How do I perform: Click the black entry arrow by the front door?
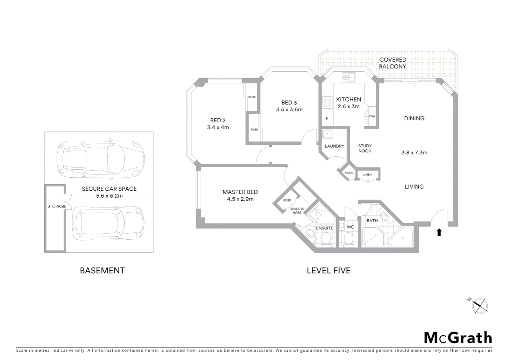(439, 232)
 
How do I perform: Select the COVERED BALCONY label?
(393, 63)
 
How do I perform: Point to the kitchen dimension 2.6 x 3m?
(348, 107)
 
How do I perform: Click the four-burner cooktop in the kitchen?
(327, 101)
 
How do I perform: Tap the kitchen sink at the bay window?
(348, 77)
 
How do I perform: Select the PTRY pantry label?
(372, 116)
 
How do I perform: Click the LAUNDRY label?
(334, 146)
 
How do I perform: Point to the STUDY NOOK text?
(365, 148)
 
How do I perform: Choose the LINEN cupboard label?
(367, 174)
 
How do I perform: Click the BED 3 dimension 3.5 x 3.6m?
(289, 110)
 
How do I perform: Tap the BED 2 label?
(218, 120)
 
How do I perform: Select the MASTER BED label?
(240, 192)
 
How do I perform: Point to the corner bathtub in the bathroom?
(402, 237)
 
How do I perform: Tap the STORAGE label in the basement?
(57, 206)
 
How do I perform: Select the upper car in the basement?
(101, 159)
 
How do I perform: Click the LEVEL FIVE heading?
(328, 270)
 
